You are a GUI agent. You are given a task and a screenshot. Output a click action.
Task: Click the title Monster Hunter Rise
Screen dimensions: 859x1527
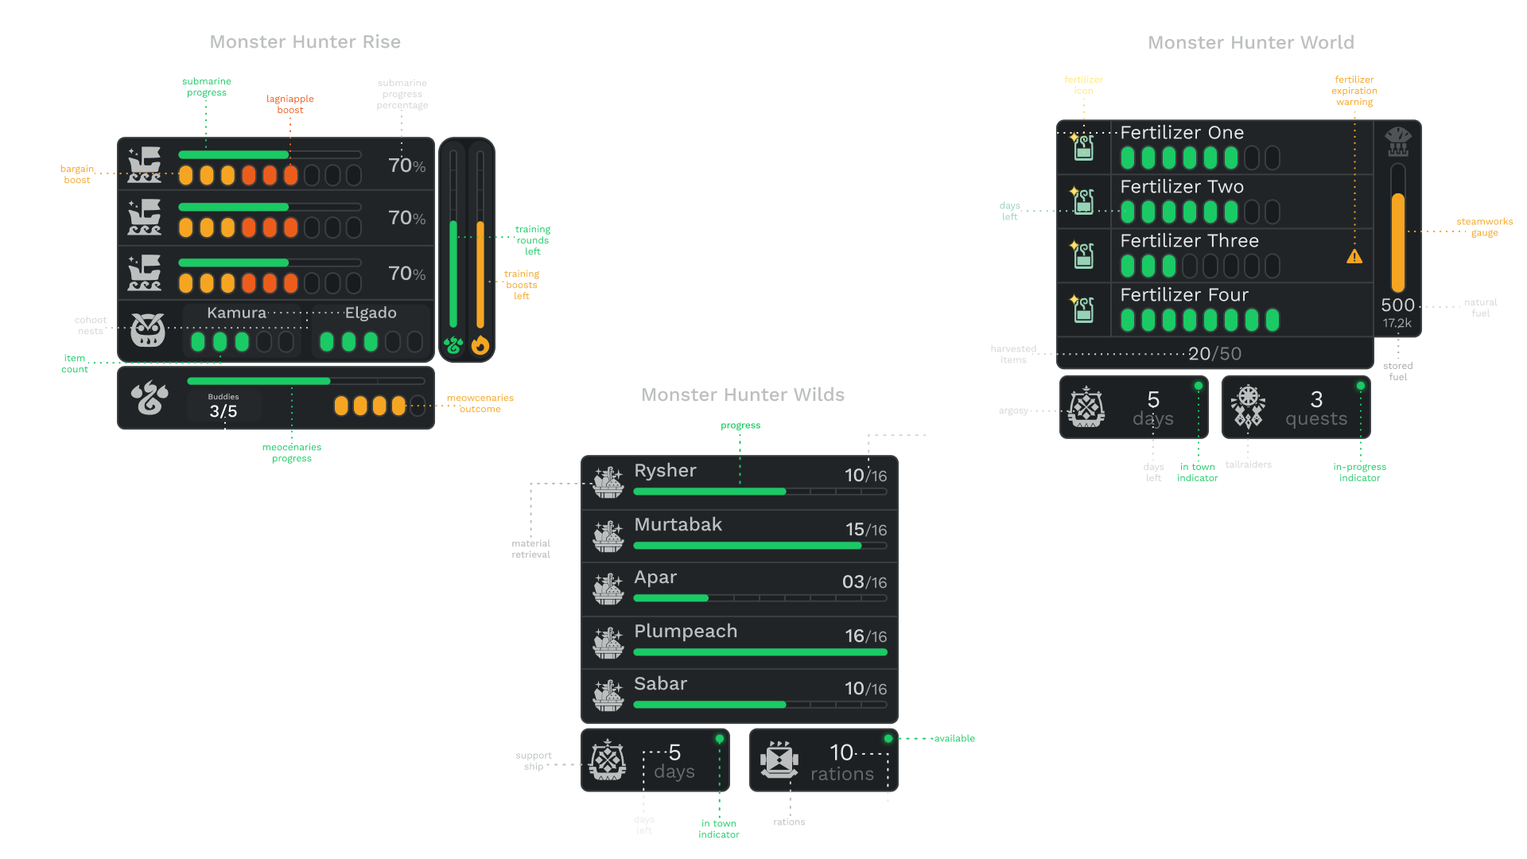pyautogui.click(x=305, y=43)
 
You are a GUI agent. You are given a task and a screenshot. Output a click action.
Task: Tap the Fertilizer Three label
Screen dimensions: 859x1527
pyautogui.click(x=1189, y=241)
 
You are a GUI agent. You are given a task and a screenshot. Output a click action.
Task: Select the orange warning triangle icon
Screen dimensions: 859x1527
pyautogui.click(x=1354, y=257)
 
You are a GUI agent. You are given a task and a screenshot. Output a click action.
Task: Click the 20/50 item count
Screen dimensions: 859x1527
pyautogui.click(x=1214, y=354)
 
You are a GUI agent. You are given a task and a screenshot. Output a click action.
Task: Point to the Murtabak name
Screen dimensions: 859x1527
pyautogui.click(x=678, y=525)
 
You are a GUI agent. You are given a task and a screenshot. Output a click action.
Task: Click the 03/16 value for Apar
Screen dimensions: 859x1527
pyautogui.click(x=864, y=582)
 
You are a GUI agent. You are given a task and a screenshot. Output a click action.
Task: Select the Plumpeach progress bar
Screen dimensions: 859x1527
pyautogui.click(x=760, y=652)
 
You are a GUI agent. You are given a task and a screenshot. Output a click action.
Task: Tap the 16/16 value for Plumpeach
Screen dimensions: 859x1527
pyautogui.click(x=865, y=636)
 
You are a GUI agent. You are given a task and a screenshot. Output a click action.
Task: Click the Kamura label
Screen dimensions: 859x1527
pyautogui.click(x=236, y=313)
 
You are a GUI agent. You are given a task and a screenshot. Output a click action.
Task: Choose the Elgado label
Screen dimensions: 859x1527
pyautogui.click(x=371, y=313)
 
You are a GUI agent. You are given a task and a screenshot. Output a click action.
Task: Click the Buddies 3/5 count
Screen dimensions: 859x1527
pyautogui.click(x=223, y=406)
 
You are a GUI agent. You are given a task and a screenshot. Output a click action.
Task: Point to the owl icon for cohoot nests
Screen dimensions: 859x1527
pyautogui.click(x=148, y=329)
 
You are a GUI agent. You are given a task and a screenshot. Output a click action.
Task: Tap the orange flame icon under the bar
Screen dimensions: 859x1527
pyautogui.click(x=480, y=345)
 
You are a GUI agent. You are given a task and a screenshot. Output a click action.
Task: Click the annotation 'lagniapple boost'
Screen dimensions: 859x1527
pyautogui.click(x=290, y=104)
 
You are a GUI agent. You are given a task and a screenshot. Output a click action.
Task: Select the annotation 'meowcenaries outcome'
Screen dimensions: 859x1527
pyautogui.click(x=480, y=403)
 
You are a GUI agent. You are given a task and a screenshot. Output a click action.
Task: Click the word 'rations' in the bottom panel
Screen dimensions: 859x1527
pyautogui.click(x=841, y=774)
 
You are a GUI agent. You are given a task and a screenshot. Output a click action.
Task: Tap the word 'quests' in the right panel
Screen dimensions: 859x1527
pyautogui.click(x=1316, y=419)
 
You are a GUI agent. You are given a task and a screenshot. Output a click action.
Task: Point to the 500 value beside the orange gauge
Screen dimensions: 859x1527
pyautogui.click(x=1397, y=305)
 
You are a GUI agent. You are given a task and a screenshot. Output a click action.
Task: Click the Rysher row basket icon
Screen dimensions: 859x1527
pyautogui.click(x=608, y=482)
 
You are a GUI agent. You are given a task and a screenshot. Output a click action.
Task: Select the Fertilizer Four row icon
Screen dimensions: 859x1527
pyautogui.click(x=1083, y=309)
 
